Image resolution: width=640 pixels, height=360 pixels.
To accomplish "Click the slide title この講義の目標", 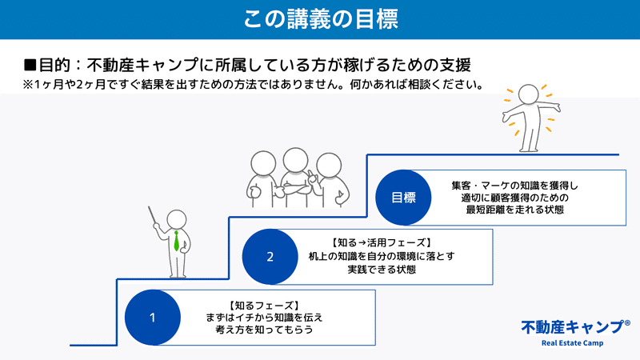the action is point(321,19).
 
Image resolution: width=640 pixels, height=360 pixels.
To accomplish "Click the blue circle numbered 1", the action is point(153,318).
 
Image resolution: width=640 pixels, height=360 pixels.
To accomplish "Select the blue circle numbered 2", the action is point(270,257).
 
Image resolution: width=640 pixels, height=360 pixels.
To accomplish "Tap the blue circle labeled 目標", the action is point(403,198).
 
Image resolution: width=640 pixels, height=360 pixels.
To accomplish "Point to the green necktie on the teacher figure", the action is point(176,241).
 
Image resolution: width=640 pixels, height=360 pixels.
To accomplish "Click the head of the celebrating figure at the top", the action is point(529,94).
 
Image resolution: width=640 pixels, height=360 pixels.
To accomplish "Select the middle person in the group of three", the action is point(295,178).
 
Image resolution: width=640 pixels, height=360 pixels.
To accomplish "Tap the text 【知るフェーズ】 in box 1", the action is point(264,306).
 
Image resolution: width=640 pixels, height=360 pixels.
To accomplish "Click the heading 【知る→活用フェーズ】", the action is point(381,243).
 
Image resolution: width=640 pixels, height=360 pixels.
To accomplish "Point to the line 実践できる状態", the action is point(382,270).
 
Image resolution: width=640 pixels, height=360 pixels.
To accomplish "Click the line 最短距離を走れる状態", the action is point(514,210).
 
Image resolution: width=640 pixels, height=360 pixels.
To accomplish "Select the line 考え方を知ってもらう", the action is point(264,330).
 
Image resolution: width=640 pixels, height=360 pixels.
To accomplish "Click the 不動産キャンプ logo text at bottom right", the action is point(572,327).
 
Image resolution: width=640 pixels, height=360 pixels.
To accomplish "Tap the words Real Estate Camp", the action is point(572,343).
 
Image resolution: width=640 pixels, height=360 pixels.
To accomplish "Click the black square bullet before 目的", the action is point(30,66).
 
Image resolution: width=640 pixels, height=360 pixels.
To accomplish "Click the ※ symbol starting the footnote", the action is point(28,85).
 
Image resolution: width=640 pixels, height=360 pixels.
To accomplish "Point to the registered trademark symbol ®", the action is point(627,323).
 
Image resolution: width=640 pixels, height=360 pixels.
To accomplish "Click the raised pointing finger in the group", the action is point(310,174).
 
